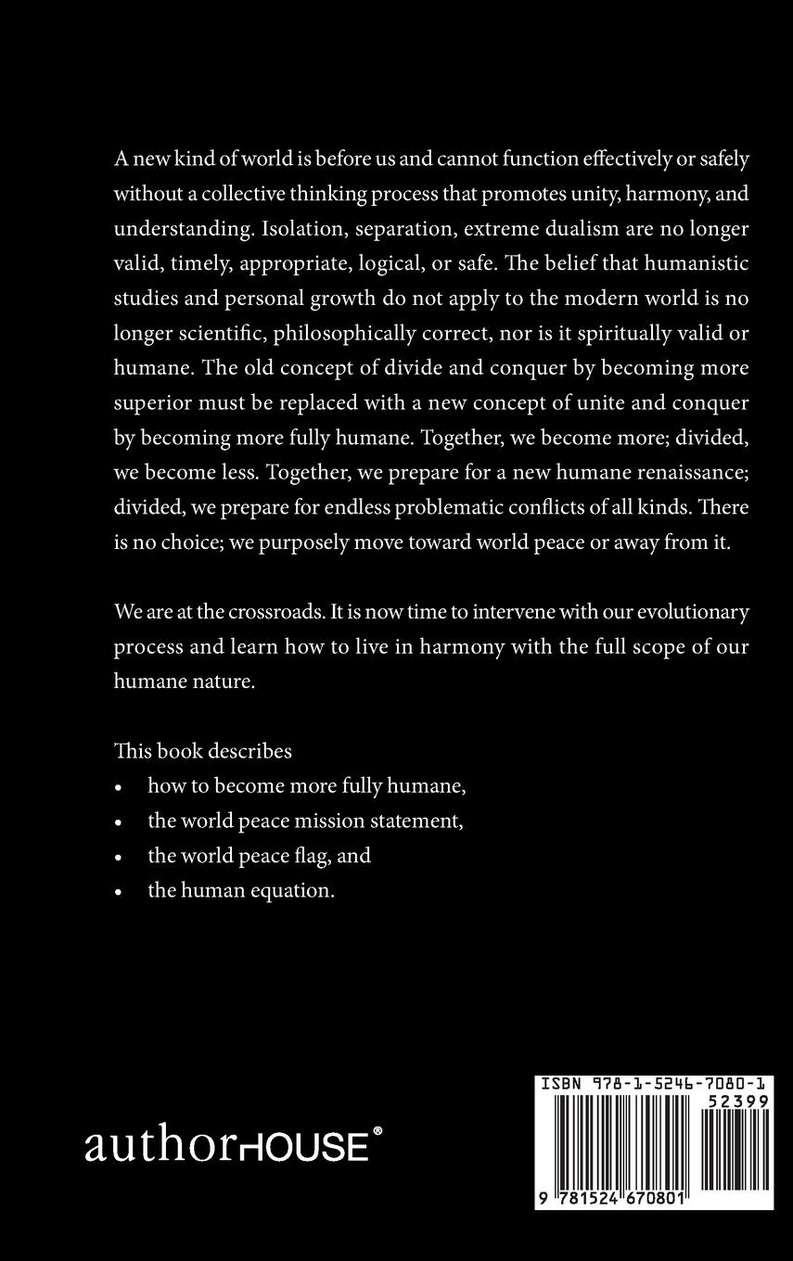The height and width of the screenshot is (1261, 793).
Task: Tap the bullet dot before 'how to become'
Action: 118,787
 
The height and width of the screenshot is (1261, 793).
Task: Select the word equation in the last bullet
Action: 292,890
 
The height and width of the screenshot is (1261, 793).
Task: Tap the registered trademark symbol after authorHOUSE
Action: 377,1131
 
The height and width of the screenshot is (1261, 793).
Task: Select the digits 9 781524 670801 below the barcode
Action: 611,1198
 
